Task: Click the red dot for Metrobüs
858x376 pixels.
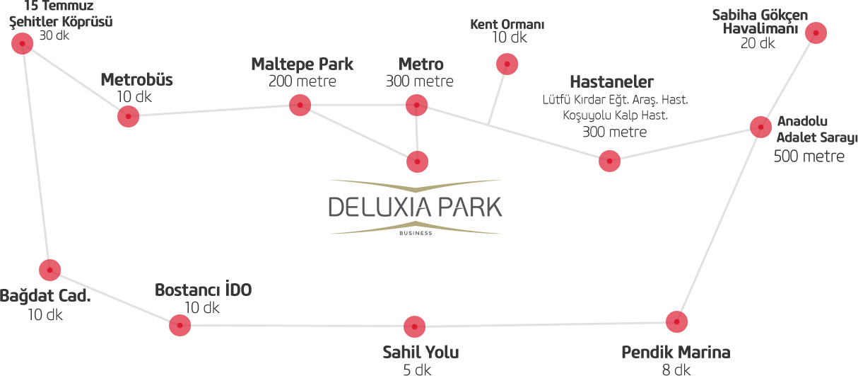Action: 128,116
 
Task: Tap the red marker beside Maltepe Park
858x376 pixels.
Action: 300,106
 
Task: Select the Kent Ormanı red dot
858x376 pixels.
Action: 507,64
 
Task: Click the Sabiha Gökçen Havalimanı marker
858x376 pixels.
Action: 816,33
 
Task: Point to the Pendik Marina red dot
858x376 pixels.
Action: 677,321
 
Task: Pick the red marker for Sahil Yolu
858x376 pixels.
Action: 414,326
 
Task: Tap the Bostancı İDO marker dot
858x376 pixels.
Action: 180,325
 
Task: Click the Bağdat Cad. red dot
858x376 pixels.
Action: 49,270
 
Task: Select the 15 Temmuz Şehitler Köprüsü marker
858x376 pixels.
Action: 23,44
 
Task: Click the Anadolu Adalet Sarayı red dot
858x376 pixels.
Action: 760,127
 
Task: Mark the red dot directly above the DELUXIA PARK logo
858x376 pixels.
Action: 418,161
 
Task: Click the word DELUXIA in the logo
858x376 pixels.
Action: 379,207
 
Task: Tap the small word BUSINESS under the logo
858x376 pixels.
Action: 416,232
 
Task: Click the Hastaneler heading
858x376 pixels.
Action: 611,82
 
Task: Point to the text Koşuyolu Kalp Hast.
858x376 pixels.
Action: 615,115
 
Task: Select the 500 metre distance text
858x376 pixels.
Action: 809,156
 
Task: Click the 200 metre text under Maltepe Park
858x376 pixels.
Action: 302,81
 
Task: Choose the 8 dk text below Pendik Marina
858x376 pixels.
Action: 676,370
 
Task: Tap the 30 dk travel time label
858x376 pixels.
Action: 54,35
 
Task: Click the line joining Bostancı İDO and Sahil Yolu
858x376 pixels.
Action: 297,326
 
